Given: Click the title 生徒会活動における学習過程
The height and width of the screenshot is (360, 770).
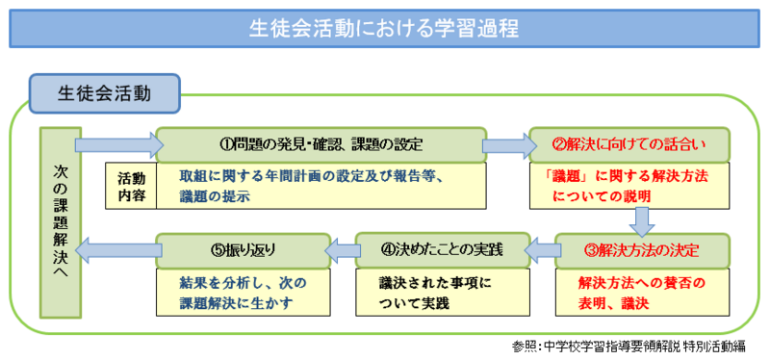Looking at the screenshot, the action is point(383,29).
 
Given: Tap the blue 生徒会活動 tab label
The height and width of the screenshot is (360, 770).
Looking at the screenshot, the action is point(105,93).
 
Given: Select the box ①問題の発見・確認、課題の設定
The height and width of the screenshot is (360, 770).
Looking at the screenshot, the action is point(321,145).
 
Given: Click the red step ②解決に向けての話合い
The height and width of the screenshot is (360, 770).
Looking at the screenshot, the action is point(629,145).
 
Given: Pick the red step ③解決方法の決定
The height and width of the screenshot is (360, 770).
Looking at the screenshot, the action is point(642,250).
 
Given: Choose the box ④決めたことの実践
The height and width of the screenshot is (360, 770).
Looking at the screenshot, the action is point(442,250).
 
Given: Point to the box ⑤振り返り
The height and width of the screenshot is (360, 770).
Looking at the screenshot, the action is point(243,250).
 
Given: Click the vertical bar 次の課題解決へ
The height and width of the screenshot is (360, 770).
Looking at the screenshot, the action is point(61,222).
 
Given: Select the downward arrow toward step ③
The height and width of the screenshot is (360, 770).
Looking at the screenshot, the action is point(642,222).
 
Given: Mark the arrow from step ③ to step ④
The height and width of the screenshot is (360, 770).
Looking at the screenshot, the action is point(542,250).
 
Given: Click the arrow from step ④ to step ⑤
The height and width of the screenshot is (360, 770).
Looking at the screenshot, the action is point(343,250).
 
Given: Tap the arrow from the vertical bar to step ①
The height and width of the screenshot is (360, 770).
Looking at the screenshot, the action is point(118,145).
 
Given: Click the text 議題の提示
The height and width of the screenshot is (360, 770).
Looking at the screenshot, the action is point(215,197).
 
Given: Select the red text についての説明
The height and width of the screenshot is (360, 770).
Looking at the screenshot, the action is point(602,197).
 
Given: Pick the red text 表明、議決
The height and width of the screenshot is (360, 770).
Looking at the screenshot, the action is point(614,303).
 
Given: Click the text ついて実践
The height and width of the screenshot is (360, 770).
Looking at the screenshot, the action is point(414,303).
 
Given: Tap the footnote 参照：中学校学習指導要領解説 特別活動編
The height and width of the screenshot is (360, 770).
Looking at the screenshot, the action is point(629,347).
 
